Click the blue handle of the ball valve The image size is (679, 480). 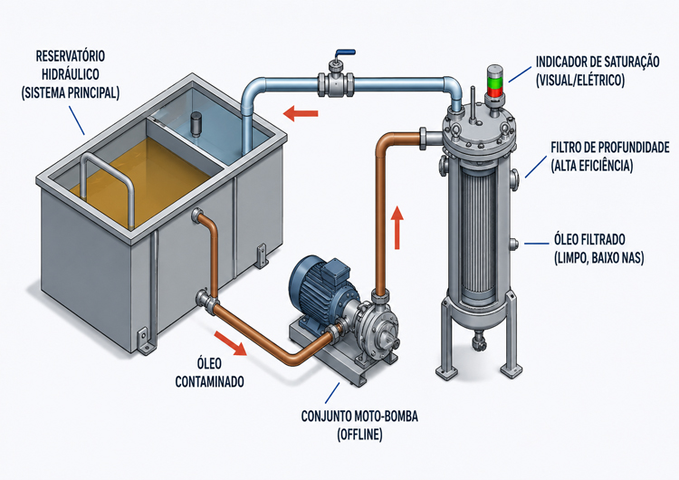pyautogui.click(x=345, y=53)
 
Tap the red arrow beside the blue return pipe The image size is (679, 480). pyautogui.click(x=301, y=113)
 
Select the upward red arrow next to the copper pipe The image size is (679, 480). pyautogui.click(x=397, y=227)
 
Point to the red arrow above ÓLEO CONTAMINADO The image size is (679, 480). pyautogui.click(x=231, y=342)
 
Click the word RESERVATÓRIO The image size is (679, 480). pyautogui.click(x=70, y=56)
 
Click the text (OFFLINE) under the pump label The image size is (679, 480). pyautogui.click(x=359, y=434)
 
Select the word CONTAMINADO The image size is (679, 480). pyautogui.click(x=210, y=381)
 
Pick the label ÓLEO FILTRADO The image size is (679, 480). pyautogui.click(x=589, y=239)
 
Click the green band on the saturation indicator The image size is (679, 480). pyautogui.click(x=494, y=82)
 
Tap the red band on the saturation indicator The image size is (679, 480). pyautogui.click(x=494, y=91)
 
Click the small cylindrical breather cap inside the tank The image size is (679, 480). pyautogui.click(x=196, y=123)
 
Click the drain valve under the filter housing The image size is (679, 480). pyautogui.click(x=479, y=340)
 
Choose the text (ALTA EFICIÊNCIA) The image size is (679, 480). pyautogui.click(x=591, y=166)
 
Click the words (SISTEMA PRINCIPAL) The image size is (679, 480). pyautogui.click(x=70, y=92)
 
